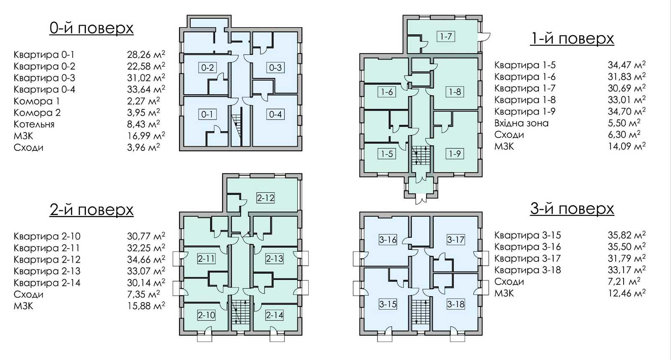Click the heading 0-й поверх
click(x=92, y=28)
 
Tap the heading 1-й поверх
click(x=572, y=39)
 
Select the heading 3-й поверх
click(x=572, y=209)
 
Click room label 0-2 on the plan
click(x=207, y=67)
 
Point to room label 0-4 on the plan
click(x=275, y=114)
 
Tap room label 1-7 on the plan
click(x=446, y=36)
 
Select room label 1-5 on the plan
click(x=387, y=154)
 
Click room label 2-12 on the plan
click(x=266, y=198)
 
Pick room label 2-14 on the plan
click(x=274, y=315)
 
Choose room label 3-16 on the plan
click(x=388, y=240)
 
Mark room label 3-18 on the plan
click(x=455, y=304)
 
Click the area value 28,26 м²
click(x=146, y=54)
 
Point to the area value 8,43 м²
click(x=143, y=124)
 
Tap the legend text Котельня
click(x=34, y=124)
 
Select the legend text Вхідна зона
click(x=521, y=123)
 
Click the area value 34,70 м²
click(x=627, y=111)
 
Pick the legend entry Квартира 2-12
click(x=47, y=259)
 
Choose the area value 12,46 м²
click(x=627, y=293)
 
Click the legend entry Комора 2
click(x=37, y=112)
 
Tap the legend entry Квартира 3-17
click(x=528, y=258)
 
